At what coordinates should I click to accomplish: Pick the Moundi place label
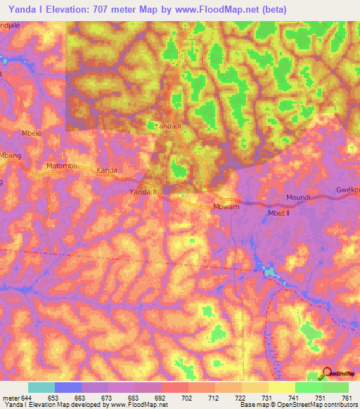[x=298, y=198]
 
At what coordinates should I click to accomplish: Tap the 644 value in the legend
[x=28, y=397]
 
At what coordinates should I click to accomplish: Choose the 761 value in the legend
[x=347, y=397]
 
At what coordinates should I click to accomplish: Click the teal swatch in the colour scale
[x=41, y=387]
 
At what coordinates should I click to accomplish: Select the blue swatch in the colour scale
[x=68, y=387]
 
